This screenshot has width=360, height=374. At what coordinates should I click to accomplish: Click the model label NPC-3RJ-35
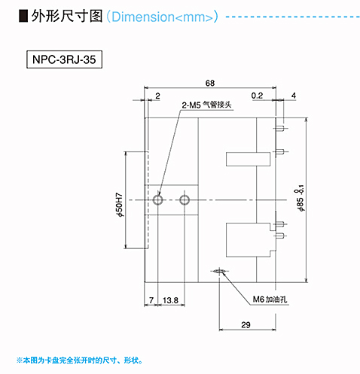pyautogui.click(x=64, y=59)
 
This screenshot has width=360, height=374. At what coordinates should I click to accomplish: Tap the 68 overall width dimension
pyautogui.click(x=210, y=83)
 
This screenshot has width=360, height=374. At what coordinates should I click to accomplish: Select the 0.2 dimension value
pyautogui.click(x=257, y=96)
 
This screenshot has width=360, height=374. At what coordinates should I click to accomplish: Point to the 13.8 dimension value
pyautogui.click(x=170, y=300)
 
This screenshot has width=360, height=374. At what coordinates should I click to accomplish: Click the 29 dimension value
pyautogui.click(x=246, y=325)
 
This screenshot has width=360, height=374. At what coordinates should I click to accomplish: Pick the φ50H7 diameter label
pyautogui.click(x=120, y=205)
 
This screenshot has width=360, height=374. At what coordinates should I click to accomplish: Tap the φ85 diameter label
pyautogui.click(x=300, y=198)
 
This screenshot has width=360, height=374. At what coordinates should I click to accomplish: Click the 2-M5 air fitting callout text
pyautogui.click(x=206, y=105)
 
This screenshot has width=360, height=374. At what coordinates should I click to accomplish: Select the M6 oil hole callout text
pyautogui.click(x=270, y=300)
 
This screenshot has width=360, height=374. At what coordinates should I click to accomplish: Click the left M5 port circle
pyautogui.click(x=158, y=200)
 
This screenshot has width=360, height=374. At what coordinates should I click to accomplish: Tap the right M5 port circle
pyautogui.click(x=185, y=200)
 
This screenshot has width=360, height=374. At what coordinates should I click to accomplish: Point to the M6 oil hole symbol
pyautogui.click(x=220, y=271)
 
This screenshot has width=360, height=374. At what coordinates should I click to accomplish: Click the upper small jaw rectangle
pyautogui.click(x=249, y=159)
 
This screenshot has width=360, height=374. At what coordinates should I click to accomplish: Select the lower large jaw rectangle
pyautogui.click(x=249, y=240)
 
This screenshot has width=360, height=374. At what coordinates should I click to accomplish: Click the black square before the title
pyautogui.click(x=23, y=17)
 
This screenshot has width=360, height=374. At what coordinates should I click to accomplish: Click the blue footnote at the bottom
pyautogui.click(x=80, y=360)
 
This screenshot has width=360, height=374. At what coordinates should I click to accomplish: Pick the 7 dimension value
pyautogui.click(x=151, y=300)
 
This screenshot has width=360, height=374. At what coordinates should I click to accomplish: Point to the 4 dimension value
pyautogui.click(x=294, y=96)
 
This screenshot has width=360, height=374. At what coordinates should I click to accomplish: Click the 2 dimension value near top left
pyautogui.click(x=157, y=96)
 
